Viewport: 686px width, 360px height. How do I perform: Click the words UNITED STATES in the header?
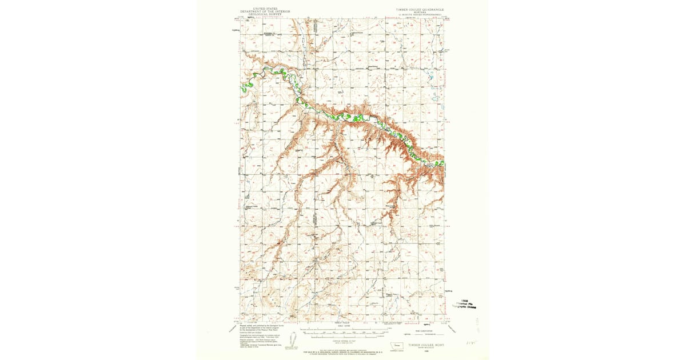coord(260,9)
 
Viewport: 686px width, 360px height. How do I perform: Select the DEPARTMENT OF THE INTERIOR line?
coord(260,11)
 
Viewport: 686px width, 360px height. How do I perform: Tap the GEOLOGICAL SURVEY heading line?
coord(260,14)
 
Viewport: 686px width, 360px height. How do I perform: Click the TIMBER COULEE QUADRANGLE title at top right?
coord(420,9)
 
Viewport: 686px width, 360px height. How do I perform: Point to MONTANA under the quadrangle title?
coord(420,13)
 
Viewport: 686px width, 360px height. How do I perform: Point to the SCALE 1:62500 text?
coord(342,325)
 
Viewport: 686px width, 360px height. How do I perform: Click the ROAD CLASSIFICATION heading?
coord(420,330)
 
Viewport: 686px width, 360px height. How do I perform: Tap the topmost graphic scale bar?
coord(342,329)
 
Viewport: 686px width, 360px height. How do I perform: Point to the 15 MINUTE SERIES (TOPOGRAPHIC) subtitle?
coord(420,15)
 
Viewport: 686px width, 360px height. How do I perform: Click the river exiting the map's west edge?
coord(242,87)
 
